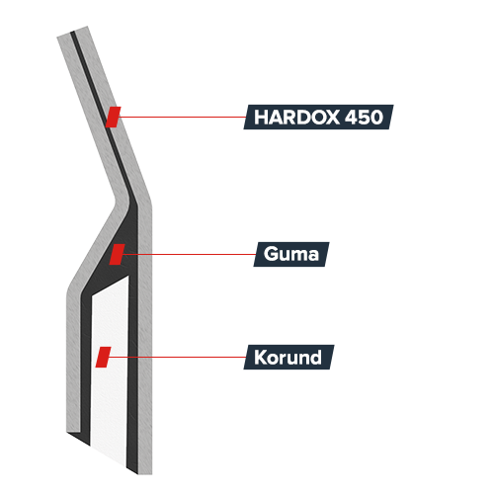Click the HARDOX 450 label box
[x=318, y=117]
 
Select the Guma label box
[x=291, y=254]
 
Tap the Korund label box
[x=288, y=357]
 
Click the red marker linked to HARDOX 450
[x=113, y=117]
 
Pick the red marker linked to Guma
[x=117, y=254]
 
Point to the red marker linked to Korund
[x=103, y=357]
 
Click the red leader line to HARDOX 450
[x=183, y=117]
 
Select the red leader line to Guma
[x=190, y=254]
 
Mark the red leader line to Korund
[x=178, y=357]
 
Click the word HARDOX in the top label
[x=296, y=117]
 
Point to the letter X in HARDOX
[x=331, y=117]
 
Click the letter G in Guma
[x=271, y=254]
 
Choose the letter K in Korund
[x=261, y=357]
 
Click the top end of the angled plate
[x=72, y=32]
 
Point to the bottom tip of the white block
[x=125, y=466]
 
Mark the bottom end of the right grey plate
[x=145, y=474]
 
